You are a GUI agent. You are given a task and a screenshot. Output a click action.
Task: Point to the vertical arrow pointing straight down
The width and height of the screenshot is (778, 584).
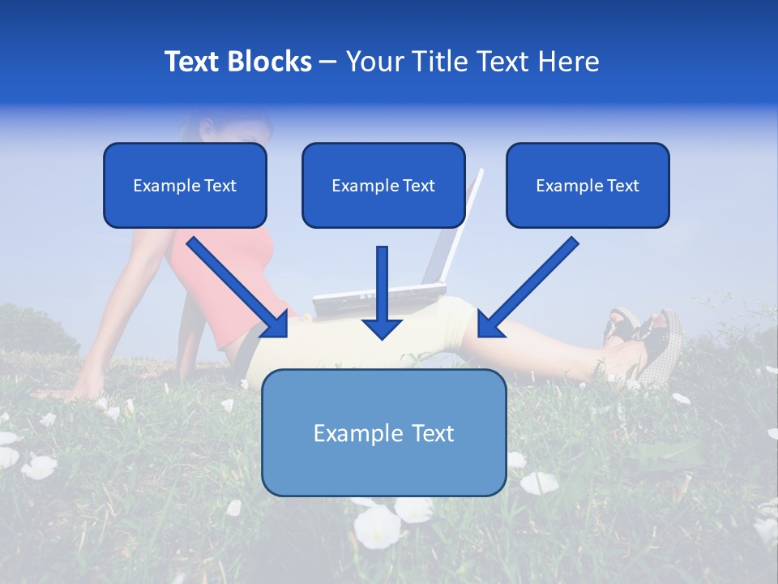(x=382, y=292)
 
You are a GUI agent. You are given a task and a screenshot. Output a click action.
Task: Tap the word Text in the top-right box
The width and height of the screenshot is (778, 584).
(x=622, y=186)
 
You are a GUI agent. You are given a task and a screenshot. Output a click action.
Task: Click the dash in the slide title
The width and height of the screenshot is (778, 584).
(x=328, y=62)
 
